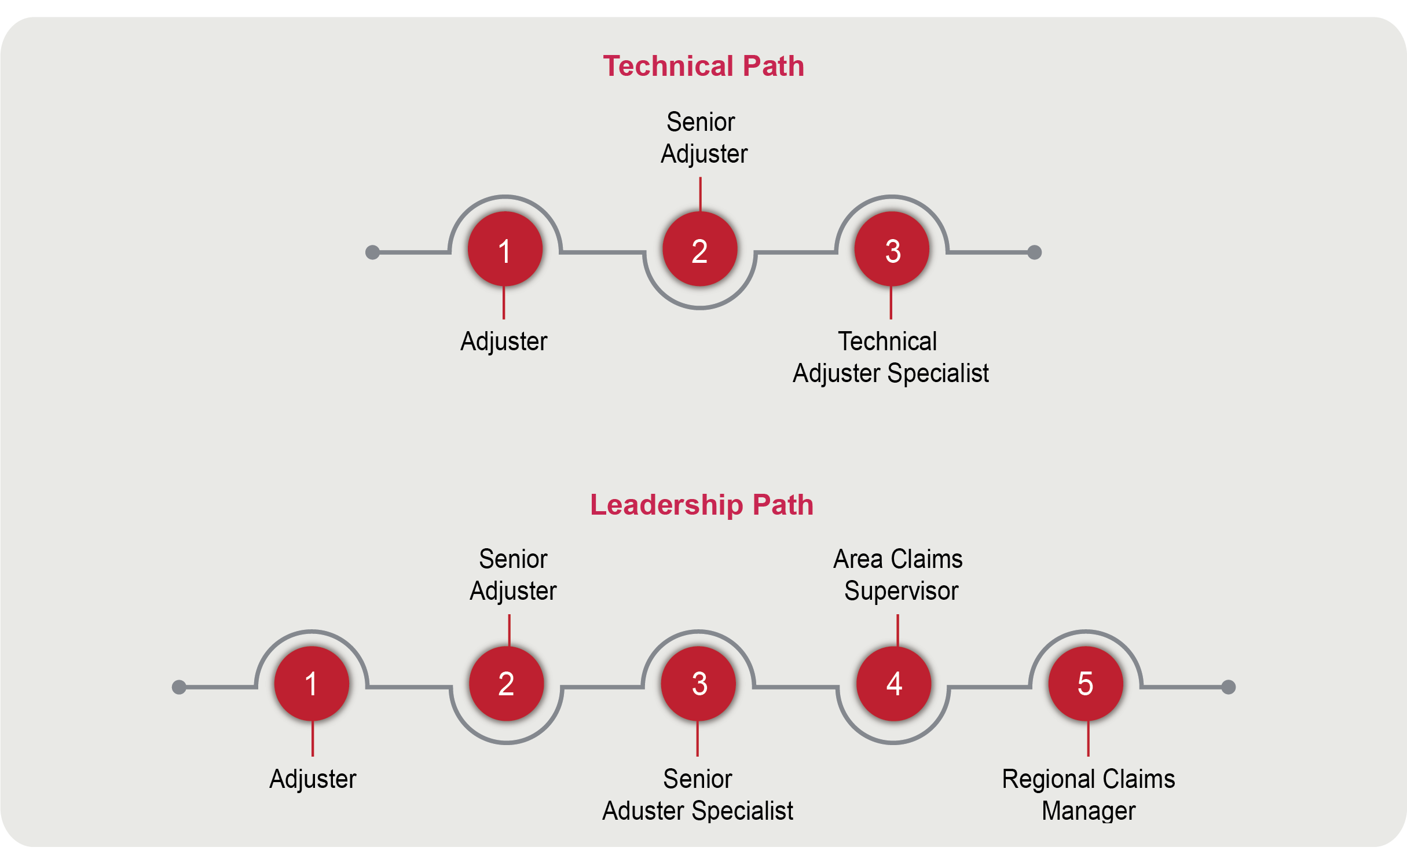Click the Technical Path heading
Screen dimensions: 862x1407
coord(703,66)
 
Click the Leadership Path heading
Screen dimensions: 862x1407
coord(702,505)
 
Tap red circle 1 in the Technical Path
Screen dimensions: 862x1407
coord(505,250)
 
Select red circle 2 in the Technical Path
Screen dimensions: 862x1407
coord(700,250)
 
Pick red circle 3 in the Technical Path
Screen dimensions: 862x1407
coord(892,250)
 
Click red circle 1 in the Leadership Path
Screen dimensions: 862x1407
coord(312,684)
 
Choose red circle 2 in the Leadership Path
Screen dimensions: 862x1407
coord(507,684)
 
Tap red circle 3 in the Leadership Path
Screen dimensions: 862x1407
coord(699,684)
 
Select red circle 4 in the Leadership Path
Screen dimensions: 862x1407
coord(894,684)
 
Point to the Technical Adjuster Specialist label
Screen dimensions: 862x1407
coord(891,357)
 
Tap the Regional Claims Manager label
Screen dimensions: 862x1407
coord(1089,794)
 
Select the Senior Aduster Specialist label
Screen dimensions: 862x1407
coord(698,794)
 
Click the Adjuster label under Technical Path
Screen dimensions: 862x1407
coord(504,342)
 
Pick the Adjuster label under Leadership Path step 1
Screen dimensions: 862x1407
coord(313,779)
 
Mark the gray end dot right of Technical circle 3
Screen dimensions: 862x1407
coord(1035,252)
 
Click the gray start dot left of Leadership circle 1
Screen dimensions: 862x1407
coord(179,687)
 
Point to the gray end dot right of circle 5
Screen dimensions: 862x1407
coord(1229,687)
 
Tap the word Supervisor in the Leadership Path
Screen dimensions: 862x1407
coord(902,591)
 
